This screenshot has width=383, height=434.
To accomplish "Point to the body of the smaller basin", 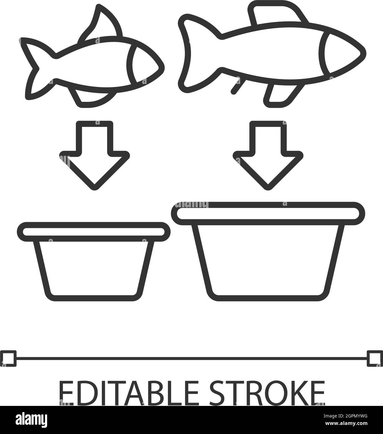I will coord(94,269).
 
